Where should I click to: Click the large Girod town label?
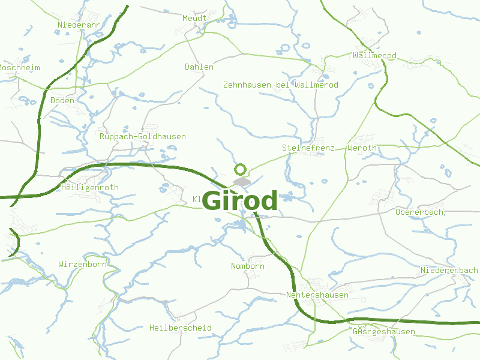tap(240, 200)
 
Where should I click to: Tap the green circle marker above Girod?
tap(241, 169)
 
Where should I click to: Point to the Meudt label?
tap(194, 18)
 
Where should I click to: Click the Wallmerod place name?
tap(375, 56)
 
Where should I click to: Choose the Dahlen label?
tap(199, 67)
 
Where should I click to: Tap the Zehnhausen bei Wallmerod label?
tap(280, 85)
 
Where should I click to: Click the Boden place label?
tap(62, 100)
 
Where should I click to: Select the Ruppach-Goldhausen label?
tap(143, 136)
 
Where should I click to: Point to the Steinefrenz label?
tap(304, 148)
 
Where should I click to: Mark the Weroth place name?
tap(362, 148)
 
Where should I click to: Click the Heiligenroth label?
tap(90, 187)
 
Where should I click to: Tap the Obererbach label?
tap(419, 212)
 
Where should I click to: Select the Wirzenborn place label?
tap(82, 264)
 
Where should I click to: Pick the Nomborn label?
tap(247, 266)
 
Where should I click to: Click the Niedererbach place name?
tap(449, 271)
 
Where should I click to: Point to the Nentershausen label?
tap(317, 295)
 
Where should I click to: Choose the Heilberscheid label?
tap(180, 328)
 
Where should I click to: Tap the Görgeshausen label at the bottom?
tap(384, 331)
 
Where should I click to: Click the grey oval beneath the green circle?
tap(242, 181)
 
